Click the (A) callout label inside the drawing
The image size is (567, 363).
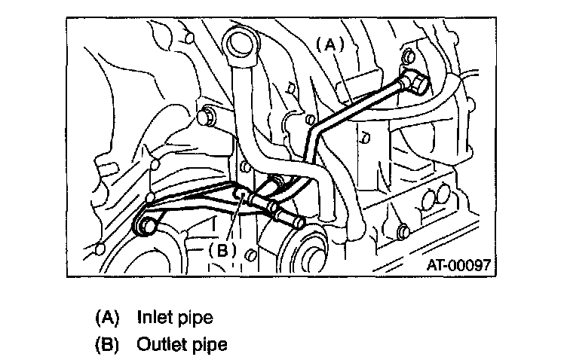click(329, 44)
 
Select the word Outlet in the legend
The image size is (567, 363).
click(161, 346)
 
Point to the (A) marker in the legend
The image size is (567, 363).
click(108, 317)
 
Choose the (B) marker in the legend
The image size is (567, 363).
click(108, 346)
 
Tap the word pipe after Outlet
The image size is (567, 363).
click(210, 346)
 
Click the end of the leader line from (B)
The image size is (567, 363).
click(240, 197)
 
